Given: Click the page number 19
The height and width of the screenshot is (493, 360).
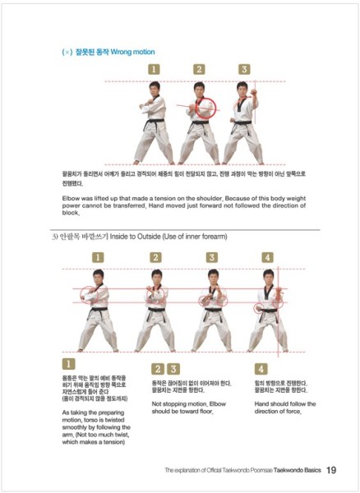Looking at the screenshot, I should click(330, 470).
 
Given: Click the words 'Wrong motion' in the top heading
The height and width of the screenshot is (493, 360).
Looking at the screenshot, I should click(129, 52).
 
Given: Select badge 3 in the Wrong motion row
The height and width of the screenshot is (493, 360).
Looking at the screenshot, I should click(243, 70).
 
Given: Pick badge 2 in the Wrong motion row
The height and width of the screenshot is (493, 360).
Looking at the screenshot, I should click(198, 70).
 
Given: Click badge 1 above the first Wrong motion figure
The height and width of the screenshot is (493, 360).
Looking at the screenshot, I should click(153, 70).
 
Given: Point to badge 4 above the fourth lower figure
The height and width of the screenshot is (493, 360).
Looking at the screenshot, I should click(266, 257).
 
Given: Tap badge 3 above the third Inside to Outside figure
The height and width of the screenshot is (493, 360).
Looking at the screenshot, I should click(211, 257).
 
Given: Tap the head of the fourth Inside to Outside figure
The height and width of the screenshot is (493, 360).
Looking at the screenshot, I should click(267, 279).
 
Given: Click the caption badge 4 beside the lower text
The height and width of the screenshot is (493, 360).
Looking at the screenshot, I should click(261, 369).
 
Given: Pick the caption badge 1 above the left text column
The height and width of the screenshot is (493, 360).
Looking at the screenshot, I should click(69, 362).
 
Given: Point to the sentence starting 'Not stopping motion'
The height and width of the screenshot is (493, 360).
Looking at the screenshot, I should click(189, 408).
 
